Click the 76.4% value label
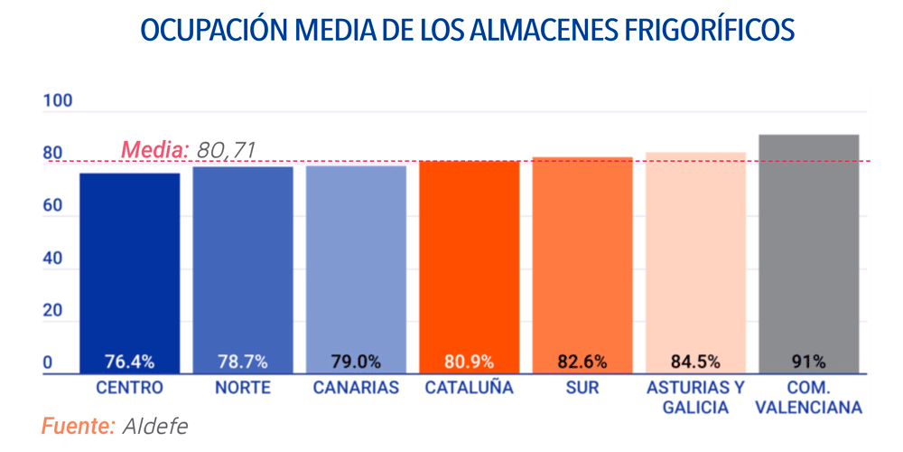[130, 363]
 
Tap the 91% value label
[809, 363]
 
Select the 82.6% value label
[582, 363]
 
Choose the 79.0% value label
[356, 363]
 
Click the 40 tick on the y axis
[52, 259]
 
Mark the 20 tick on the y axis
[52, 311]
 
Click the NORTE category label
[243, 389]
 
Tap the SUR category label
[582, 389]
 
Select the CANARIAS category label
[356, 389]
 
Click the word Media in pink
[154, 150]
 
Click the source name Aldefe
[155, 426]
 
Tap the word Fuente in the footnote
[78, 426]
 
